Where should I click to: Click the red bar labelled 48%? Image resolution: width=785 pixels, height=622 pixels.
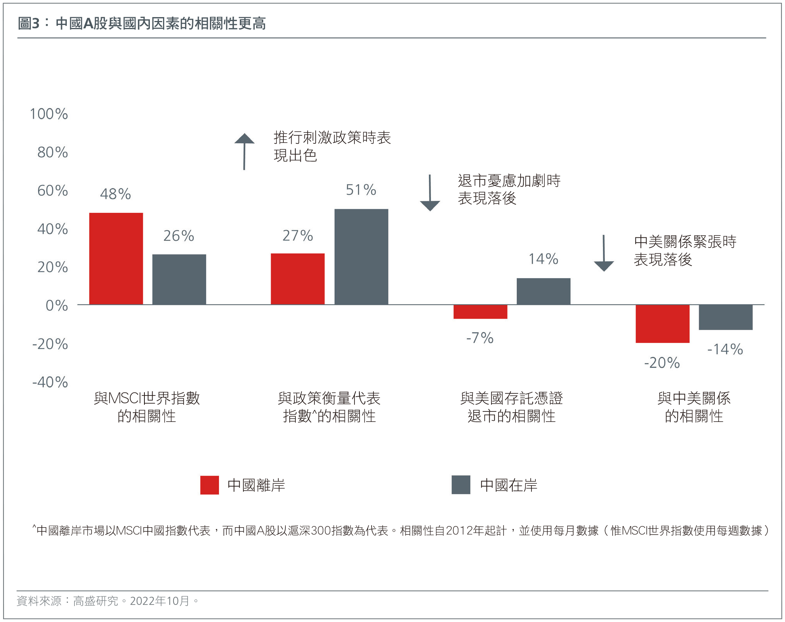click(x=116, y=258)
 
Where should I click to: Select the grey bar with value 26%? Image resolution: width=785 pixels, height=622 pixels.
click(x=179, y=279)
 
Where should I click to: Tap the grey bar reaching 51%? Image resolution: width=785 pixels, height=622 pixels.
click(x=361, y=256)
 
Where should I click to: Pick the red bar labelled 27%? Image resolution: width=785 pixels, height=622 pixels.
click(x=297, y=279)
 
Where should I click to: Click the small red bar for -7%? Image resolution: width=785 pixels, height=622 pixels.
click(x=480, y=312)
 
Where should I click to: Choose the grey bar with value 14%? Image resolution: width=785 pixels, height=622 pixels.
click(x=543, y=291)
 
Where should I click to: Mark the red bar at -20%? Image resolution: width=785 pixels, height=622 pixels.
click(x=662, y=323)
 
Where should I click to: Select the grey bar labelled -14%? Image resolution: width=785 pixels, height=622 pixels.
click(x=725, y=317)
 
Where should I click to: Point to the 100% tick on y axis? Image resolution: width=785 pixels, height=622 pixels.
click(x=49, y=114)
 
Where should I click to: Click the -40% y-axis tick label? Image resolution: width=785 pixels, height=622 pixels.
click(x=50, y=382)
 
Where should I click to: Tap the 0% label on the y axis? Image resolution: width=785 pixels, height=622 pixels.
click(x=57, y=306)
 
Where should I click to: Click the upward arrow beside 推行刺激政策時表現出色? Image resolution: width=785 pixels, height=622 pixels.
click(x=244, y=152)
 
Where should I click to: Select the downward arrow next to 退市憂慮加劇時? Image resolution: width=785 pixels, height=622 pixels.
click(x=430, y=193)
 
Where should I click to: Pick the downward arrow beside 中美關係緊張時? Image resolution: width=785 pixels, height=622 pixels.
click(x=604, y=253)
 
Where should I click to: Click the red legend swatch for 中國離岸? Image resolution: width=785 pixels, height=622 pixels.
click(x=209, y=485)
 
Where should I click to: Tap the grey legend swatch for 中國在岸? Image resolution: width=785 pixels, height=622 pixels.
click(x=460, y=484)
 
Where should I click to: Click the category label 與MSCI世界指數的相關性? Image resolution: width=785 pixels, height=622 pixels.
click(x=147, y=407)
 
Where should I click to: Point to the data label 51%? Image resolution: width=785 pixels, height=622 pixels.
click(x=361, y=190)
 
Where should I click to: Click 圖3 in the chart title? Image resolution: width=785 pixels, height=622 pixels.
click(x=29, y=24)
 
